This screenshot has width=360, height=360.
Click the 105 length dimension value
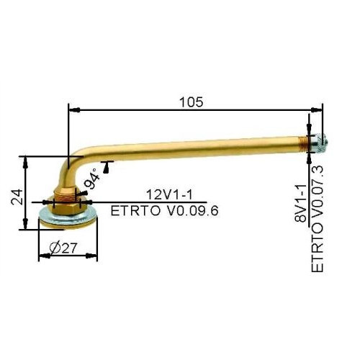coord(192,102)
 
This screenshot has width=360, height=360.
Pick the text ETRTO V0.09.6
coord(165,210)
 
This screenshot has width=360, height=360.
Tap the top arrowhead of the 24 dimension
coord(27,158)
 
